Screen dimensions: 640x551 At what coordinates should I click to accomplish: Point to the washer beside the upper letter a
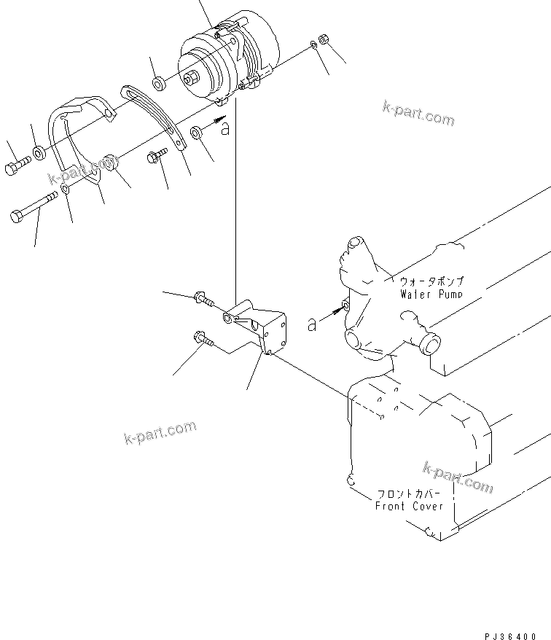point(197,133)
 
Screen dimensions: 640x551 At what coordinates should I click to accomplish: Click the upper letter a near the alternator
point(226,129)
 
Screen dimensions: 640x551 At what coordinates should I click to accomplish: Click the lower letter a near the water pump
point(313,324)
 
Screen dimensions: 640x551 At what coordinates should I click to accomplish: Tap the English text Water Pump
point(431,294)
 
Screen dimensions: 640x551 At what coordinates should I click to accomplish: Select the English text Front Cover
point(409,506)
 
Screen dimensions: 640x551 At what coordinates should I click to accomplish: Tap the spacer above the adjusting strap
point(159,80)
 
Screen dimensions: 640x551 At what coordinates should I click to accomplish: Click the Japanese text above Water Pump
point(431,281)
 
